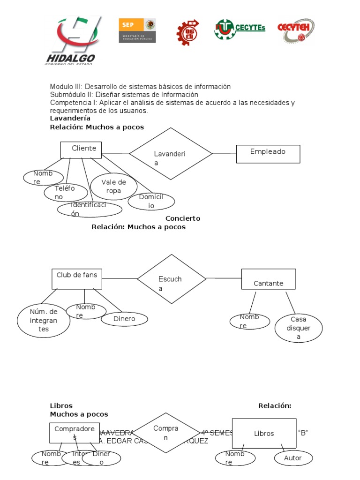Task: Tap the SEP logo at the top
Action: (137, 31)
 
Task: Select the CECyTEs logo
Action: (240, 29)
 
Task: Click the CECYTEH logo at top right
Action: (296, 30)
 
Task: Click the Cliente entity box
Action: (81, 150)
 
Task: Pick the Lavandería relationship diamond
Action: (171, 153)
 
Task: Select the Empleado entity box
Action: (268, 154)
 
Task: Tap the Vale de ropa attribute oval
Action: (113, 187)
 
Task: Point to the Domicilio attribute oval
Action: (151, 202)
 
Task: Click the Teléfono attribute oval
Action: (66, 192)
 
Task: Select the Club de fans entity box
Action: (76, 279)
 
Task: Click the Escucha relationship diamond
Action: (172, 278)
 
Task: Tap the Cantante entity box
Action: (268, 279)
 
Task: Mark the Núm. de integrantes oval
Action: (44, 321)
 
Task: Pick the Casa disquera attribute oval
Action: (299, 328)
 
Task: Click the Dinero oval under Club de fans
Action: (124, 319)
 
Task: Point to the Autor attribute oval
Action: (293, 458)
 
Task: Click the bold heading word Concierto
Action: (183, 218)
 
